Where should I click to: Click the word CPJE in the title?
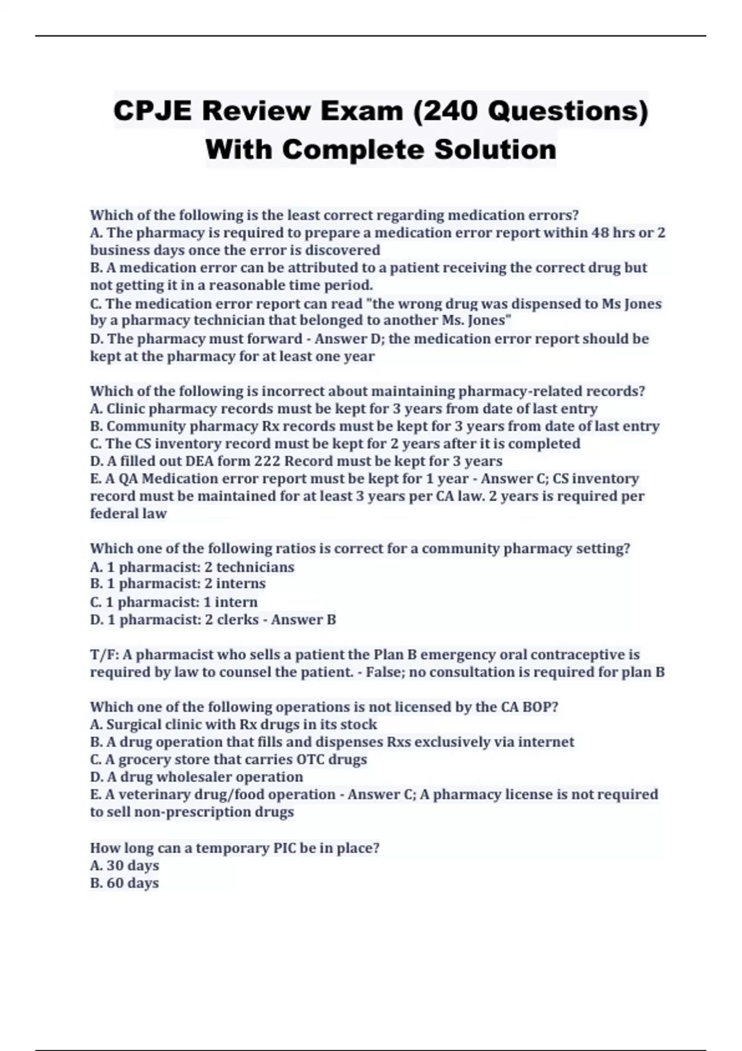(x=153, y=111)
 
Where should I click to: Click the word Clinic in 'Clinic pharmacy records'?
(x=126, y=409)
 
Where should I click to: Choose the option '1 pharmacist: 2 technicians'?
(x=192, y=567)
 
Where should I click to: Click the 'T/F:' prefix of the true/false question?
(x=104, y=655)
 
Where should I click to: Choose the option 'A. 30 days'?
(x=124, y=866)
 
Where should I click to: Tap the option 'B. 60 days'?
(x=124, y=883)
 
